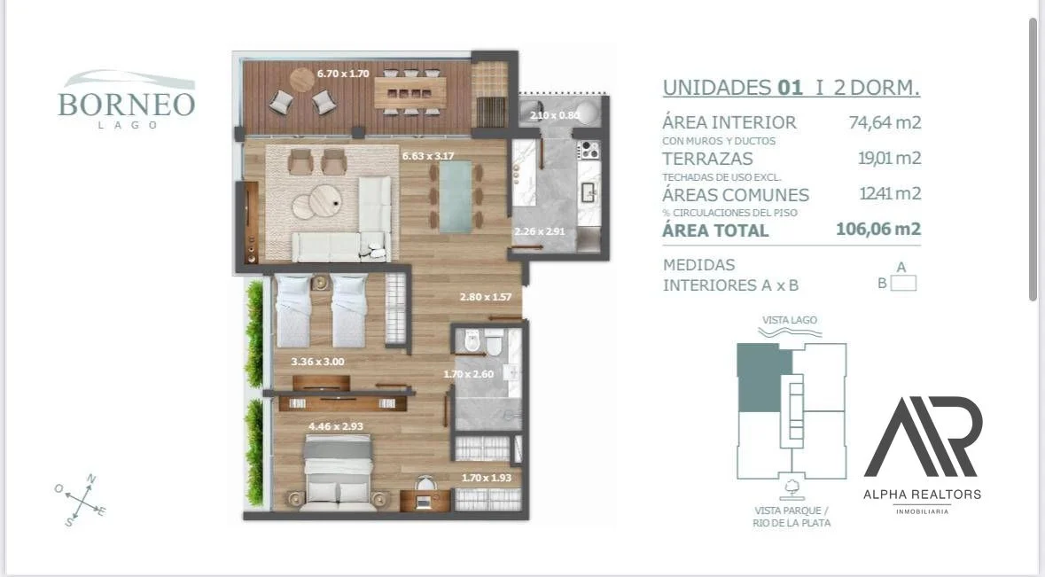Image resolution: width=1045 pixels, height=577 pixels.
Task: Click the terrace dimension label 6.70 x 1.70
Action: (343, 74)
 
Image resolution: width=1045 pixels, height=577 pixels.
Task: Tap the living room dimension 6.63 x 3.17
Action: (428, 156)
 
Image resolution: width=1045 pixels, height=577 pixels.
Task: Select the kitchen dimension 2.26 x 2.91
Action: (539, 231)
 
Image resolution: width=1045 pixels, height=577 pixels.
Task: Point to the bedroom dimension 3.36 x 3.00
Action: (318, 362)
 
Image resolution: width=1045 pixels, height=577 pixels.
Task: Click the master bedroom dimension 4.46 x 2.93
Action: (335, 426)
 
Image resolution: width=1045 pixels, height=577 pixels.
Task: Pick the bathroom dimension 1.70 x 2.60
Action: (469, 374)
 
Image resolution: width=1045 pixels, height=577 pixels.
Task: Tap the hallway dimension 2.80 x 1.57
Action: (485, 297)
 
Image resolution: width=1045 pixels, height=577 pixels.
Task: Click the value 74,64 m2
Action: (885, 122)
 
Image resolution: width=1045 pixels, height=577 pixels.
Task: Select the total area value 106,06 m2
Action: (878, 230)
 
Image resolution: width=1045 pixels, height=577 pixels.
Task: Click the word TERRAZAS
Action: (708, 159)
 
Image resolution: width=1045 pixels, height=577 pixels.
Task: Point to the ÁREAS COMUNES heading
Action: (736, 195)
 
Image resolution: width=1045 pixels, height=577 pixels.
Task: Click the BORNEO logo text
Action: (127, 105)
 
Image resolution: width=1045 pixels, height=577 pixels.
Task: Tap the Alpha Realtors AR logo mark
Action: (923, 436)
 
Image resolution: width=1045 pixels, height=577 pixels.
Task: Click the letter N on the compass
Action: (91, 479)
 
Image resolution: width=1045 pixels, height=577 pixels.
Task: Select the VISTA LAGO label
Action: (790, 320)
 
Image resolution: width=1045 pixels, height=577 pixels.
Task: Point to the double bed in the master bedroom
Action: (338, 471)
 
